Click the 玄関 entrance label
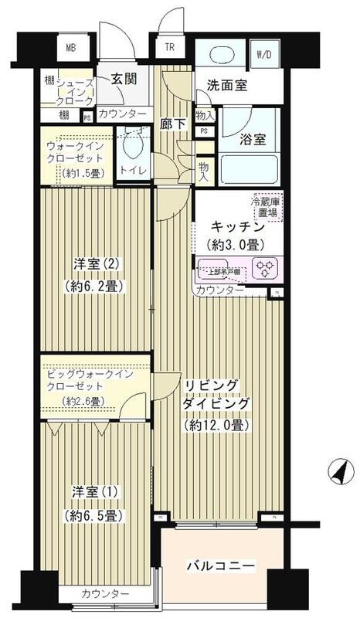pos(124,79)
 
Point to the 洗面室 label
pos(227,86)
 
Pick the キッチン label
pos(238,227)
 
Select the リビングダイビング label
pos(217,394)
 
